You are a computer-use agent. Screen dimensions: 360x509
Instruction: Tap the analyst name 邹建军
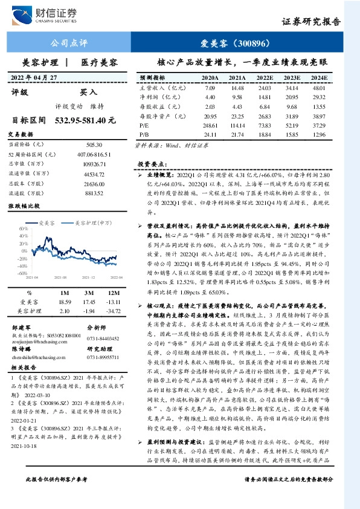point(22,325)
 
